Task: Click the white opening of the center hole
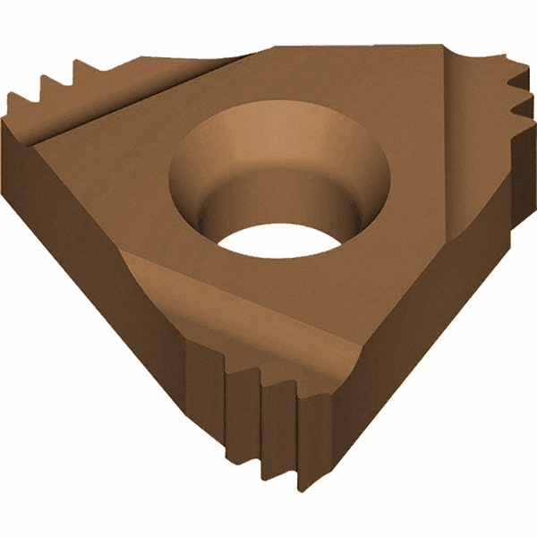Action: (268, 248)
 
